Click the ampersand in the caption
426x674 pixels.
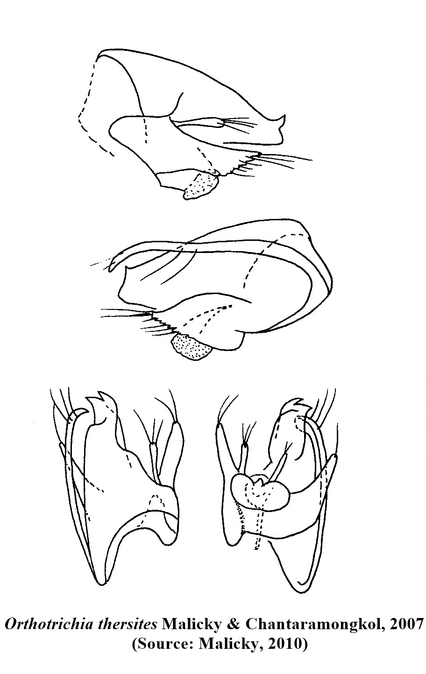point(233,625)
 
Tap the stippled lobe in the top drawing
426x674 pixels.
point(201,186)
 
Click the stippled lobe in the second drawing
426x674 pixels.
point(190,347)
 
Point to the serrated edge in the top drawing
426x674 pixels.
point(241,165)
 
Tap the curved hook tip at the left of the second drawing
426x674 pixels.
point(112,264)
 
